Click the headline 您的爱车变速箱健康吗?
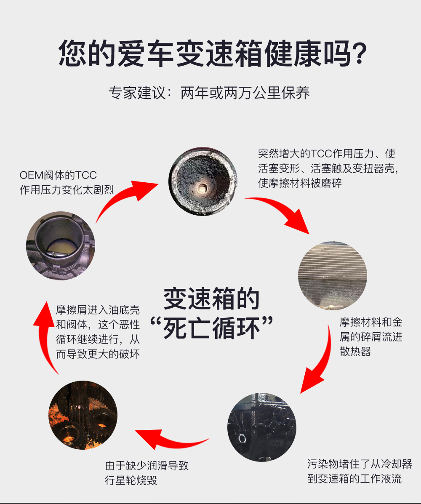[213, 53]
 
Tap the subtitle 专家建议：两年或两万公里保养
[209, 93]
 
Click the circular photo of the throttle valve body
[61, 245]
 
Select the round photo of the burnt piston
[203, 181]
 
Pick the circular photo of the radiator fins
[333, 275]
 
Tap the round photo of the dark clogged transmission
[262, 427]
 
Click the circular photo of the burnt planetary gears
[83, 415]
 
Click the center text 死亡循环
[212, 328]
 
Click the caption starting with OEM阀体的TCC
[67, 182]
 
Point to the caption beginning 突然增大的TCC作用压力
[328, 168]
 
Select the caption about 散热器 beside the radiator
[371, 336]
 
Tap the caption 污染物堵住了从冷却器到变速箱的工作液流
[359, 471]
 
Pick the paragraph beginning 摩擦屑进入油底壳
[98, 332]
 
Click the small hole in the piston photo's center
[202, 188]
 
